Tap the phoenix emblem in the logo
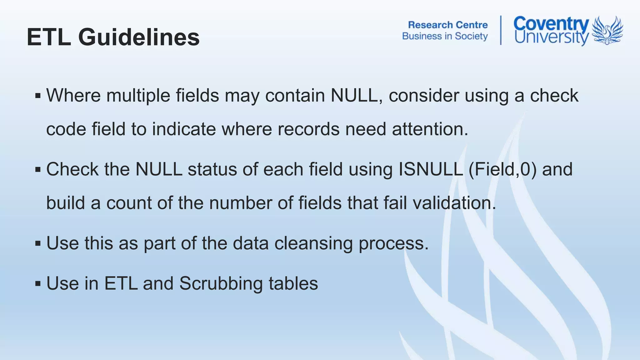pos(607,30)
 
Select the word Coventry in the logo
pos(551,24)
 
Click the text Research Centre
pos(448,25)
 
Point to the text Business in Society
pos(445,36)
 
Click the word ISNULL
pos(431,169)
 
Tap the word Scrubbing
pos(221,283)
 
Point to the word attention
pos(430,129)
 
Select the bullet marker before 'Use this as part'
pos(38,243)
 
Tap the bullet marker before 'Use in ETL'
pos(38,284)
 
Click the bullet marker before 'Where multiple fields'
pos(38,96)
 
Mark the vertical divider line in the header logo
pos(501,30)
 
